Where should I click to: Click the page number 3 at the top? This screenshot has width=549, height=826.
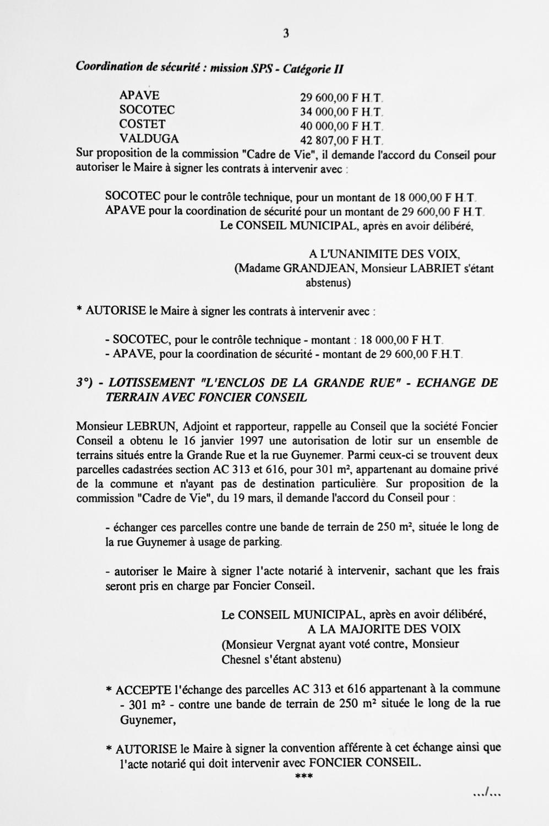(286, 34)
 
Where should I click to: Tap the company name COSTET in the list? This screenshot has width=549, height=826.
(142, 124)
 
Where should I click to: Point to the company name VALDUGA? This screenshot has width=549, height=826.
(149, 139)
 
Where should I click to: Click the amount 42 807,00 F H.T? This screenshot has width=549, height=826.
(341, 140)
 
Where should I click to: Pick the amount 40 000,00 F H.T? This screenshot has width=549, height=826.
(341, 127)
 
